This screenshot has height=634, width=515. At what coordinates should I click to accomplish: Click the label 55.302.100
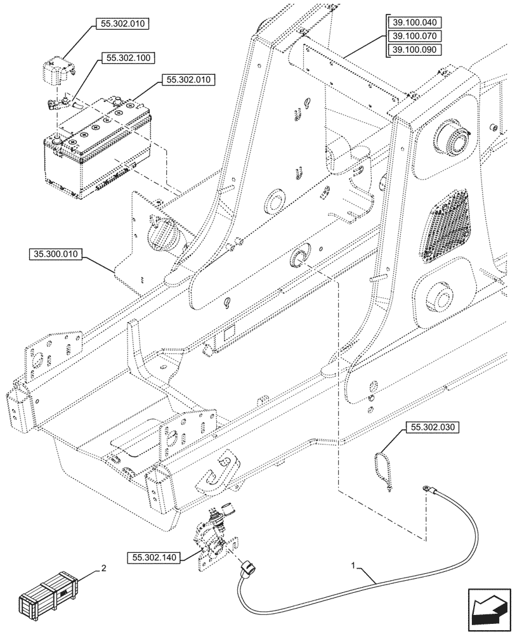124,58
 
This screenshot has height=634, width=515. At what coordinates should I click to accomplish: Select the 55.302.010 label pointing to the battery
190,80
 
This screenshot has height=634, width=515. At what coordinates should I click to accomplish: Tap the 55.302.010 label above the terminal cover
122,25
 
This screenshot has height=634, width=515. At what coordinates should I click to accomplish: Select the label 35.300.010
55,255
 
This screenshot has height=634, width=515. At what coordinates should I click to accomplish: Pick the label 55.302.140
153,558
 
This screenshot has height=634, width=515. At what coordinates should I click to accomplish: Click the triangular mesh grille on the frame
446,225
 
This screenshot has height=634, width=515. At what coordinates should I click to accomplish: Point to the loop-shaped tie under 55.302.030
383,467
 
